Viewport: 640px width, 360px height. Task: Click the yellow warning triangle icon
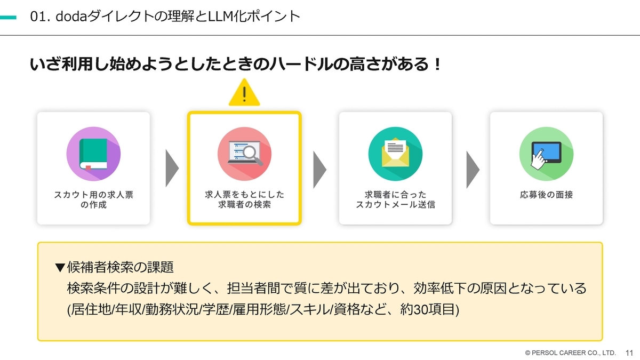tap(244, 93)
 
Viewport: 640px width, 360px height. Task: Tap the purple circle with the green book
tap(93, 154)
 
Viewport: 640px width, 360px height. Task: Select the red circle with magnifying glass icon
tap(244, 154)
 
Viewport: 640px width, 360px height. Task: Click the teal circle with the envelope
tap(395, 154)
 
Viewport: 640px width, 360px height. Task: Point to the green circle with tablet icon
tap(546, 154)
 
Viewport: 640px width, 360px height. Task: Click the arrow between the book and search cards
tap(172, 169)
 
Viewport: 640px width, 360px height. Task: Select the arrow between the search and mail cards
tap(319, 170)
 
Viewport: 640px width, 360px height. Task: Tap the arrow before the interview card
tap(473, 170)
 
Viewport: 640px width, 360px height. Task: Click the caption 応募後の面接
tap(546, 195)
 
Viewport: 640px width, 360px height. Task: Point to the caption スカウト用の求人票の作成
tap(93, 199)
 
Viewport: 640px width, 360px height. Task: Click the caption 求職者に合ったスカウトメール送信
tap(395, 199)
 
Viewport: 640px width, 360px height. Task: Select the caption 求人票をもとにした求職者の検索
tap(245, 199)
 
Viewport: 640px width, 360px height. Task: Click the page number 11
tap(629, 353)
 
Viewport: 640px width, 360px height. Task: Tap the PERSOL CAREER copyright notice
tap(570, 353)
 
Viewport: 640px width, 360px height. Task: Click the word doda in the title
tap(71, 17)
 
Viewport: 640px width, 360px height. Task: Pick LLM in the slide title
tap(220, 17)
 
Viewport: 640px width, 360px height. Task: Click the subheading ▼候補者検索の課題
tap(114, 267)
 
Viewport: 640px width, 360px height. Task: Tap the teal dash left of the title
tap(8, 18)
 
